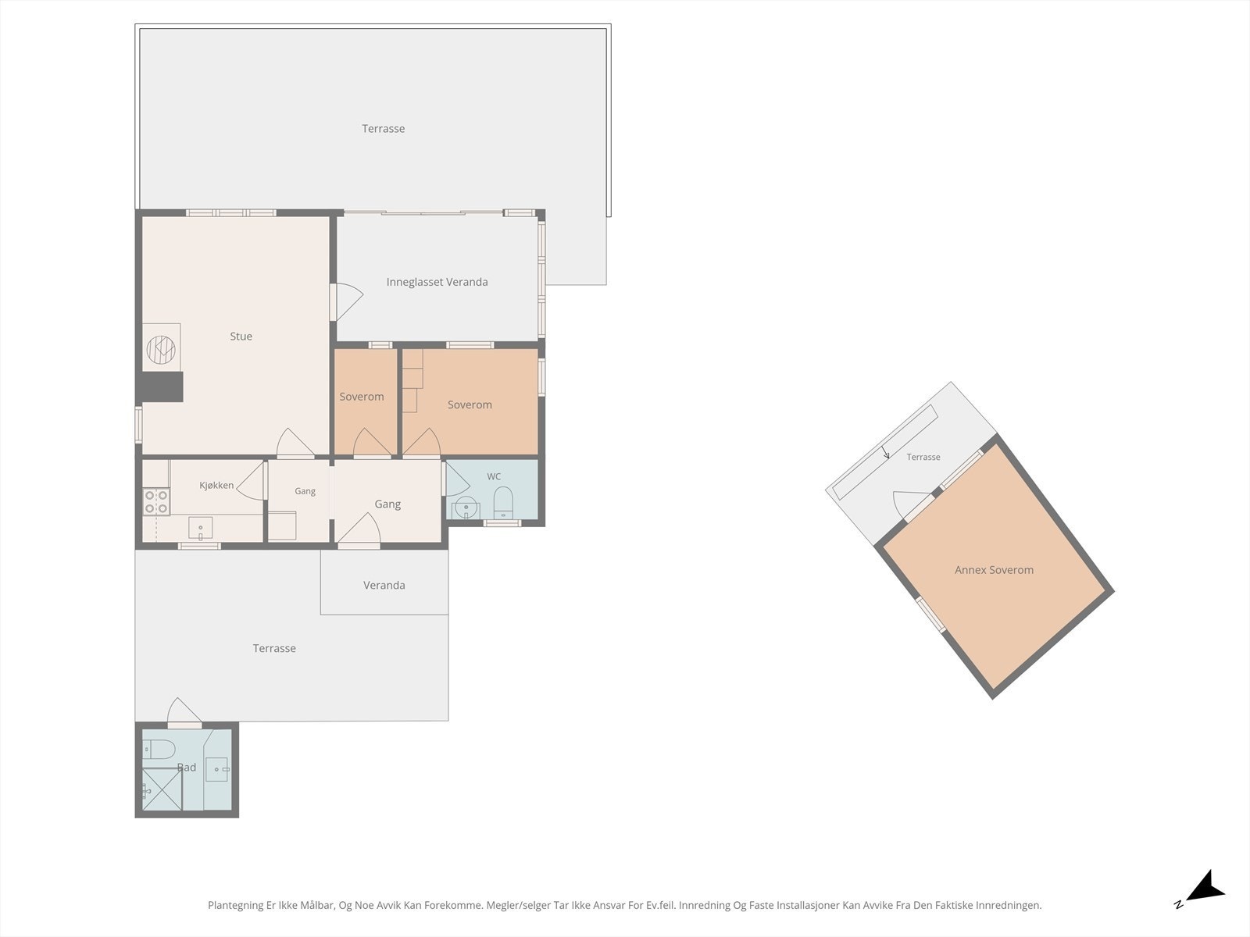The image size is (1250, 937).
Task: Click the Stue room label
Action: (x=241, y=337)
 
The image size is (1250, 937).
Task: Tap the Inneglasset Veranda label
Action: (x=437, y=282)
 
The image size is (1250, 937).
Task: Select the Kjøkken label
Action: (x=216, y=485)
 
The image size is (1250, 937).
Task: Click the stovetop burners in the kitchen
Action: (x=156, y=502)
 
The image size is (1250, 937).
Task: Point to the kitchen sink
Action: (x=201, y=528)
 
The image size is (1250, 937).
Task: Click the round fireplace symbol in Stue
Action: (x=161, y=349)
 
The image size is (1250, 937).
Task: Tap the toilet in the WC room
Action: (x=503, y=503)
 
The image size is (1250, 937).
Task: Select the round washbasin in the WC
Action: (x=466, y=507)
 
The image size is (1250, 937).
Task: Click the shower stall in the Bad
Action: (x=162, y=789)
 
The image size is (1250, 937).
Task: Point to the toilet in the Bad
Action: (x=159, y=750)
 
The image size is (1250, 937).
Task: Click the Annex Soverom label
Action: (x=994, y=570)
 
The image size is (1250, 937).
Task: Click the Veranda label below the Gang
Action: (x=384, y=586)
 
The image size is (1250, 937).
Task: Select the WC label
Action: (x=494, y=477)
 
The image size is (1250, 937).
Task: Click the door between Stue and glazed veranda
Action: (x=346, y=301)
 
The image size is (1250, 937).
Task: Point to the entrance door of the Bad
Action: (x=184, y=713)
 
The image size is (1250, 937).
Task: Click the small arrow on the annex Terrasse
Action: (x=885, y=452)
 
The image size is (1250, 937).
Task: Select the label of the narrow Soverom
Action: (x=362, y=397)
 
